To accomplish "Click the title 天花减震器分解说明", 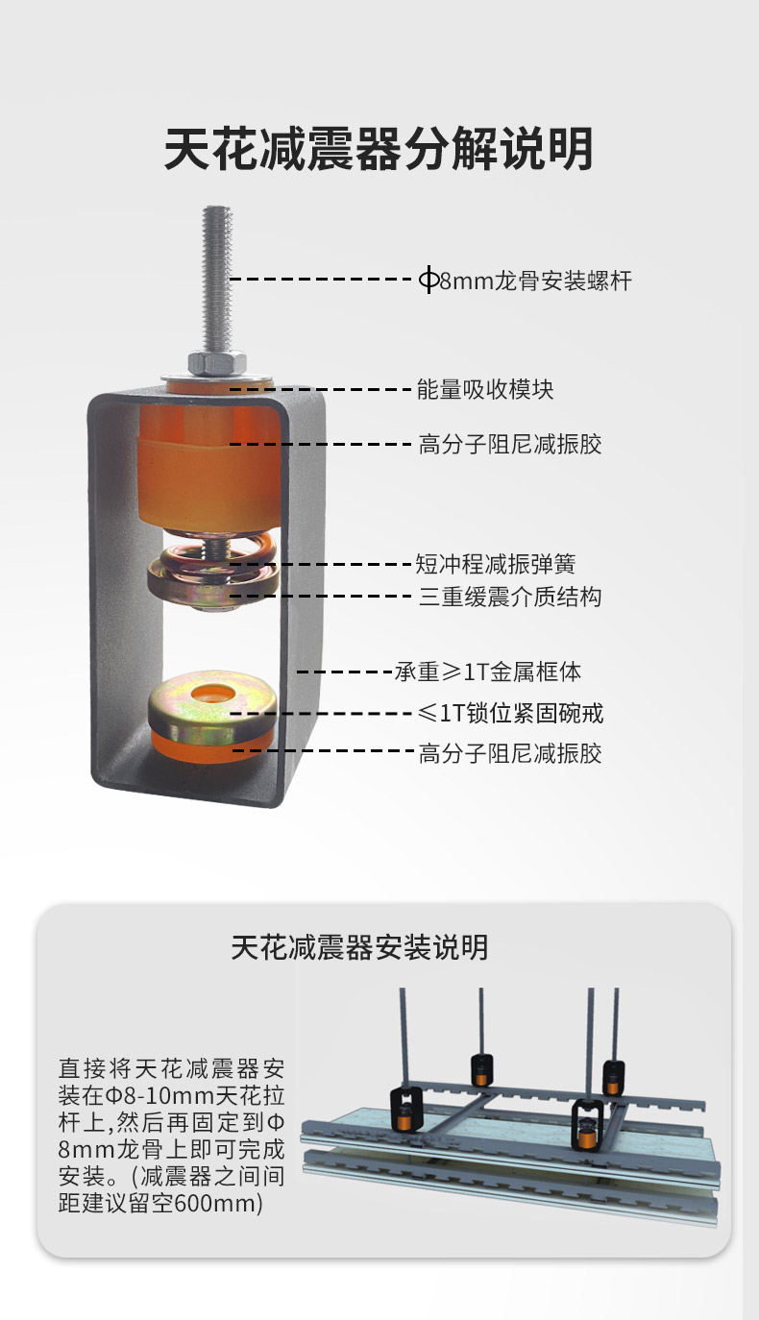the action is pyautogui.click(x=379, y=149).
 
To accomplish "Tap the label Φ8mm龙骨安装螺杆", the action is pyautogui.click(x=525, y=280).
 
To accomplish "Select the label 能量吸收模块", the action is pyautogui.click(x=485, y=389).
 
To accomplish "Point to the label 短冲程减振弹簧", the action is pyautogui.click(x=495, y=564).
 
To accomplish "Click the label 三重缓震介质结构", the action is pyautogui.click(x=510, y=597).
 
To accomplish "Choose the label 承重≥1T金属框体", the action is pyautogui.click(x=488, y=672).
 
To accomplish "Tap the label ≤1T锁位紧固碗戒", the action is pyautogui.click(x=510, y=713).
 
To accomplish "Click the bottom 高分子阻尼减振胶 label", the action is pyautogui.click(x=510, y=753).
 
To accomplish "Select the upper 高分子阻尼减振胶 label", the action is pyautogui.click(x=510, y=444).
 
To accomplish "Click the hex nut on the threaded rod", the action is pyautogui.click(x=216, y=362).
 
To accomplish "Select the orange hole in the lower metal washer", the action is pyautogui.click(x=210, y=694).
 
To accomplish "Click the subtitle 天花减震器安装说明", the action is pyautogui.click(x=359, y=947).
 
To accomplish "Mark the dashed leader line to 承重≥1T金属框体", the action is pyautogui.click(x=345, y=672).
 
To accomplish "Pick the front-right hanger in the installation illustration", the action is pyautogui.click(x=588, y=1125).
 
